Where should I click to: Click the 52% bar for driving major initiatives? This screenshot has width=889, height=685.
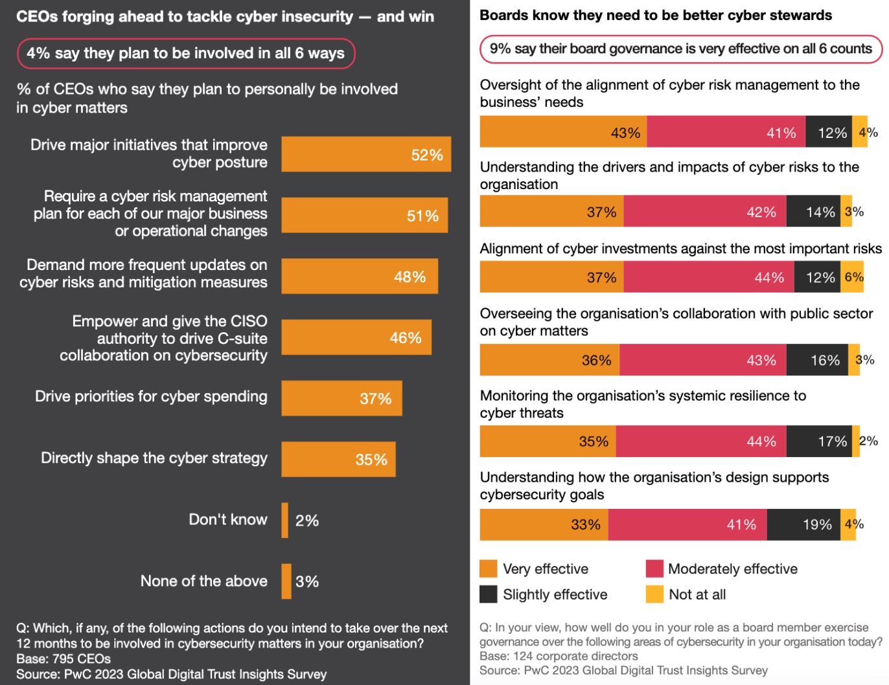(366, 154)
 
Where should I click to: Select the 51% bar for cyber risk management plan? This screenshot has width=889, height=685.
(364, 215)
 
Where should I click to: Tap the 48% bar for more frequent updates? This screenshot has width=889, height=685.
(360, 276)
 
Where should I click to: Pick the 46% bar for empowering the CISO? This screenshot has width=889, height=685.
(356, 337)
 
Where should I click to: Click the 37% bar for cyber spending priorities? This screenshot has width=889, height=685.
(341, 398)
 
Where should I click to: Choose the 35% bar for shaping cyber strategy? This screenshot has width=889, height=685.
(338, 459)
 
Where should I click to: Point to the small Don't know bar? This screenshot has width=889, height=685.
(285, 520)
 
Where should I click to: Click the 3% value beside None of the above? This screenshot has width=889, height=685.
(307, 581)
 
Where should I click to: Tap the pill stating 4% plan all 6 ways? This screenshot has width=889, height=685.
(186, 53)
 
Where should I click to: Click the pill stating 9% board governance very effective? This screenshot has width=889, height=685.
(680, 49)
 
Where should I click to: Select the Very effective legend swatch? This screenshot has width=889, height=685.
(489, 568)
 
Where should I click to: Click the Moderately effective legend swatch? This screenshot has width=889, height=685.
(654, 568)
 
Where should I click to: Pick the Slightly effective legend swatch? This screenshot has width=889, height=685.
(489, 594)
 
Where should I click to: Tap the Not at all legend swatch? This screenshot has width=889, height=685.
(654, 594)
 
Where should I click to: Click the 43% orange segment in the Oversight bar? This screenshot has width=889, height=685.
(563, 132)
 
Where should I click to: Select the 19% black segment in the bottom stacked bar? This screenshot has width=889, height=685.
(803, 524)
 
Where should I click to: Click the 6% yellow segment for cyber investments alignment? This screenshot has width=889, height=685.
(852, 277)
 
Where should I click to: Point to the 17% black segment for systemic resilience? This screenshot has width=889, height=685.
(819, 442)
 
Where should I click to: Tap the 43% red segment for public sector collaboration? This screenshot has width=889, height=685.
(703, 360)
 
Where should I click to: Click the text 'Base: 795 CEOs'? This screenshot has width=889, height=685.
(63, 659)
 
